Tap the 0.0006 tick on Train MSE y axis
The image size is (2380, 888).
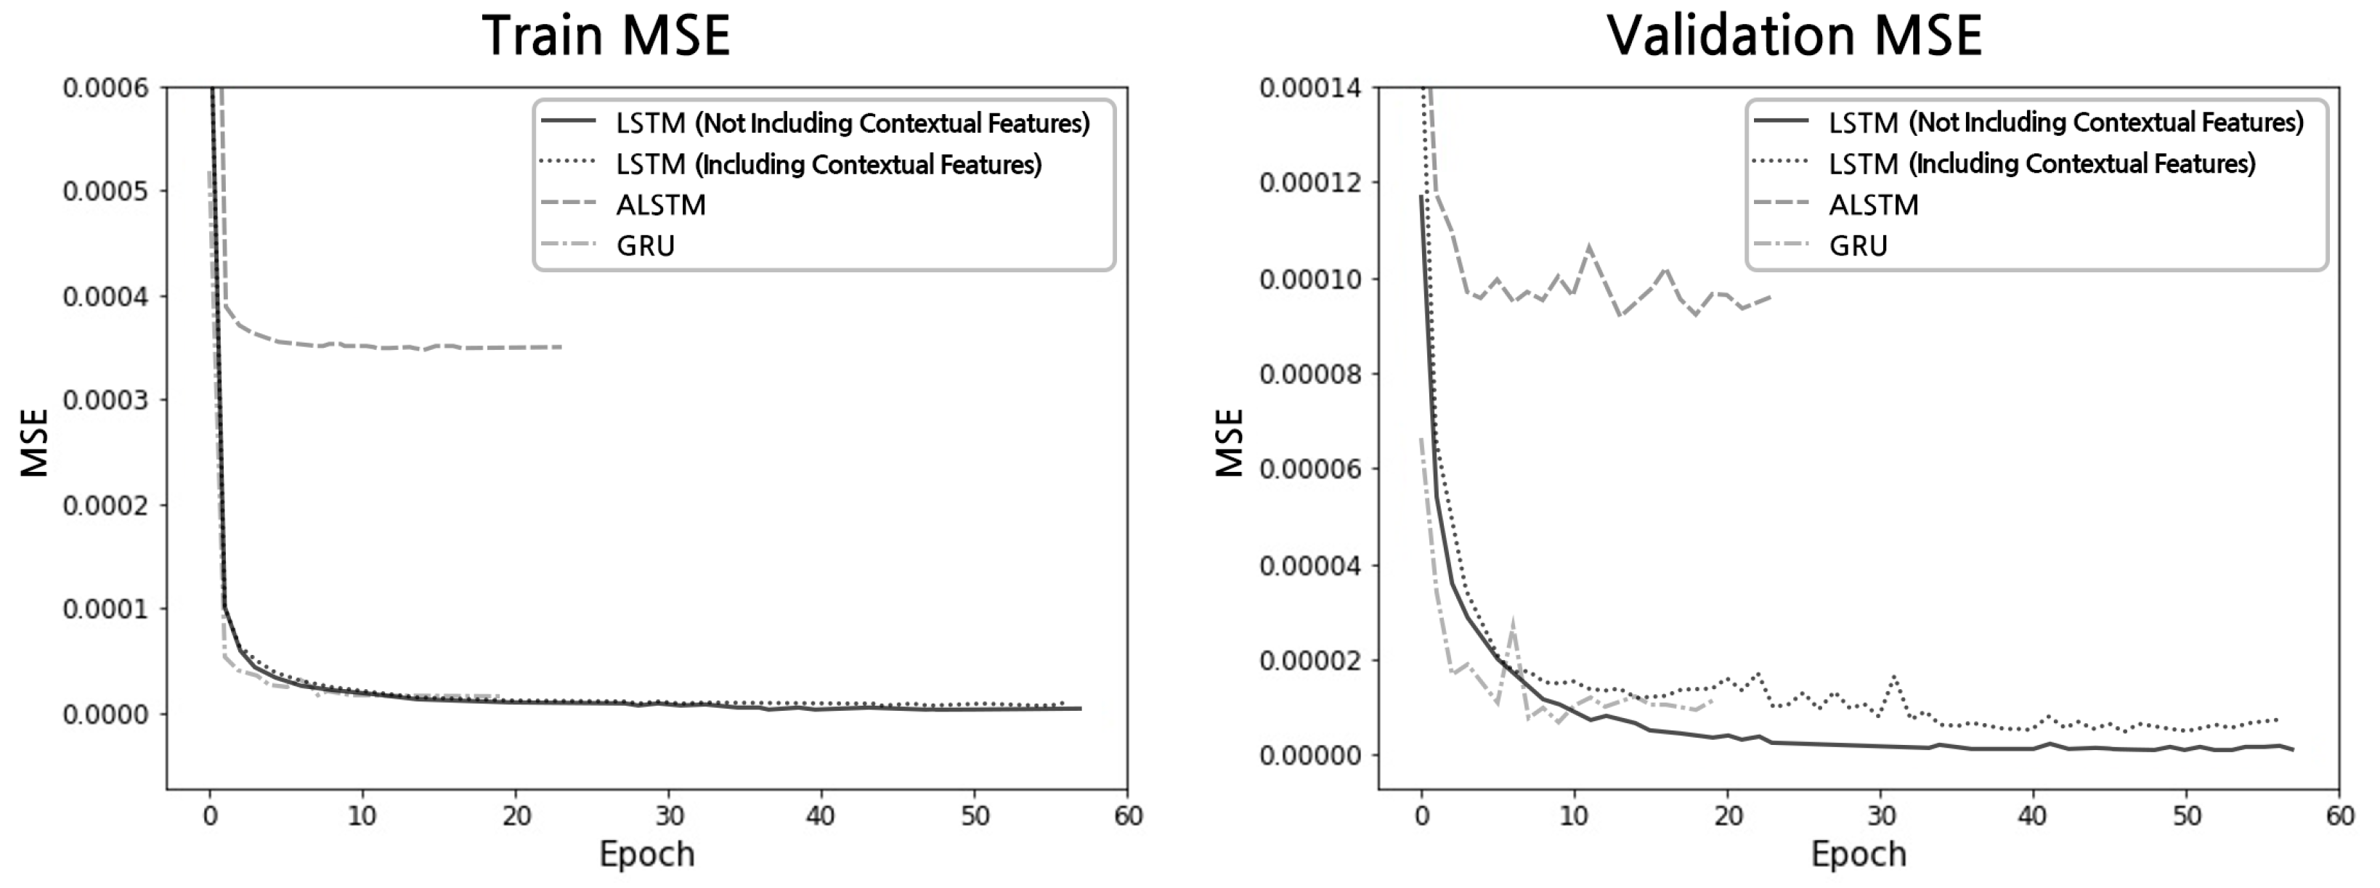point(105,88)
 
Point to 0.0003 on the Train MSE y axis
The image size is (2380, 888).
point(105,400)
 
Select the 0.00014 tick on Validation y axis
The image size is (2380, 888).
point(1309,88)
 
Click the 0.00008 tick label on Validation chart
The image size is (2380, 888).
point(1309,374)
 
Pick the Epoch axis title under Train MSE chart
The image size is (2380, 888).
point(646,854)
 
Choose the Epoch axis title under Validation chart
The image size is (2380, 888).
point(1858,854)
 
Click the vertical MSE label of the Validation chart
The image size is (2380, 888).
point(1230,443)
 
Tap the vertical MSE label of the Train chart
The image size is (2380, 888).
point(34,443)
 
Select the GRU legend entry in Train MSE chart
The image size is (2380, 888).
point(646,246)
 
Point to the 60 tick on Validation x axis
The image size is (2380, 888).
point(2339,816)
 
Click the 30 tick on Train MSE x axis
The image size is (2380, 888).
point(669,816)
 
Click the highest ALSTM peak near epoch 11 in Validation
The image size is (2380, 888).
point(1589,247)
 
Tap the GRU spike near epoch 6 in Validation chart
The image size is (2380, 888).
point(1512,620)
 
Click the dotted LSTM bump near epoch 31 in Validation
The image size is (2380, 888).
point(1895,677)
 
